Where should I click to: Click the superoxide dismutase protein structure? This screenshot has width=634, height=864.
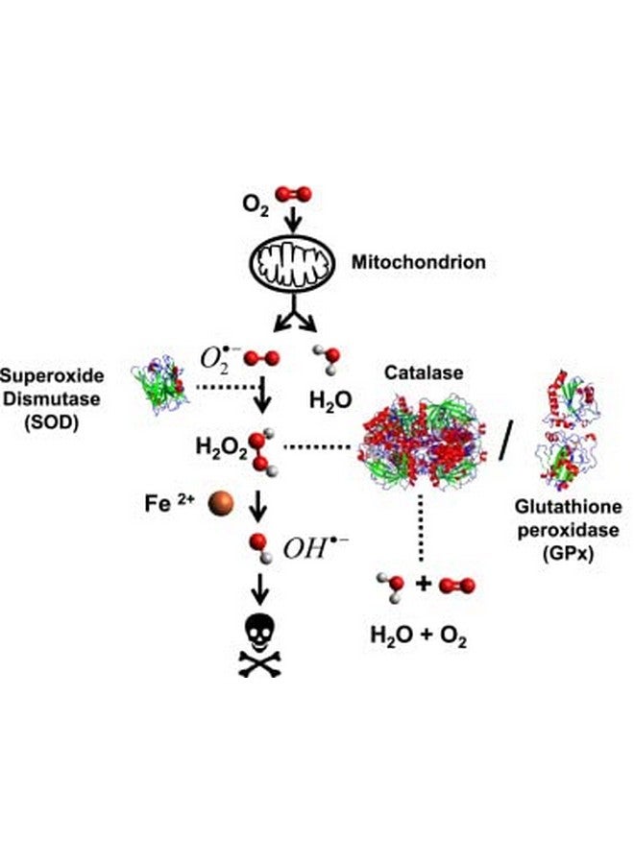point(160,382)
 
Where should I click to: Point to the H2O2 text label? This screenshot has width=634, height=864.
point(220,446)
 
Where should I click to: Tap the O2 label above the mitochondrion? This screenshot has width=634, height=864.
point(256,204)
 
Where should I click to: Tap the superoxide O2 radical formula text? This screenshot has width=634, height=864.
point(215,359)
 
